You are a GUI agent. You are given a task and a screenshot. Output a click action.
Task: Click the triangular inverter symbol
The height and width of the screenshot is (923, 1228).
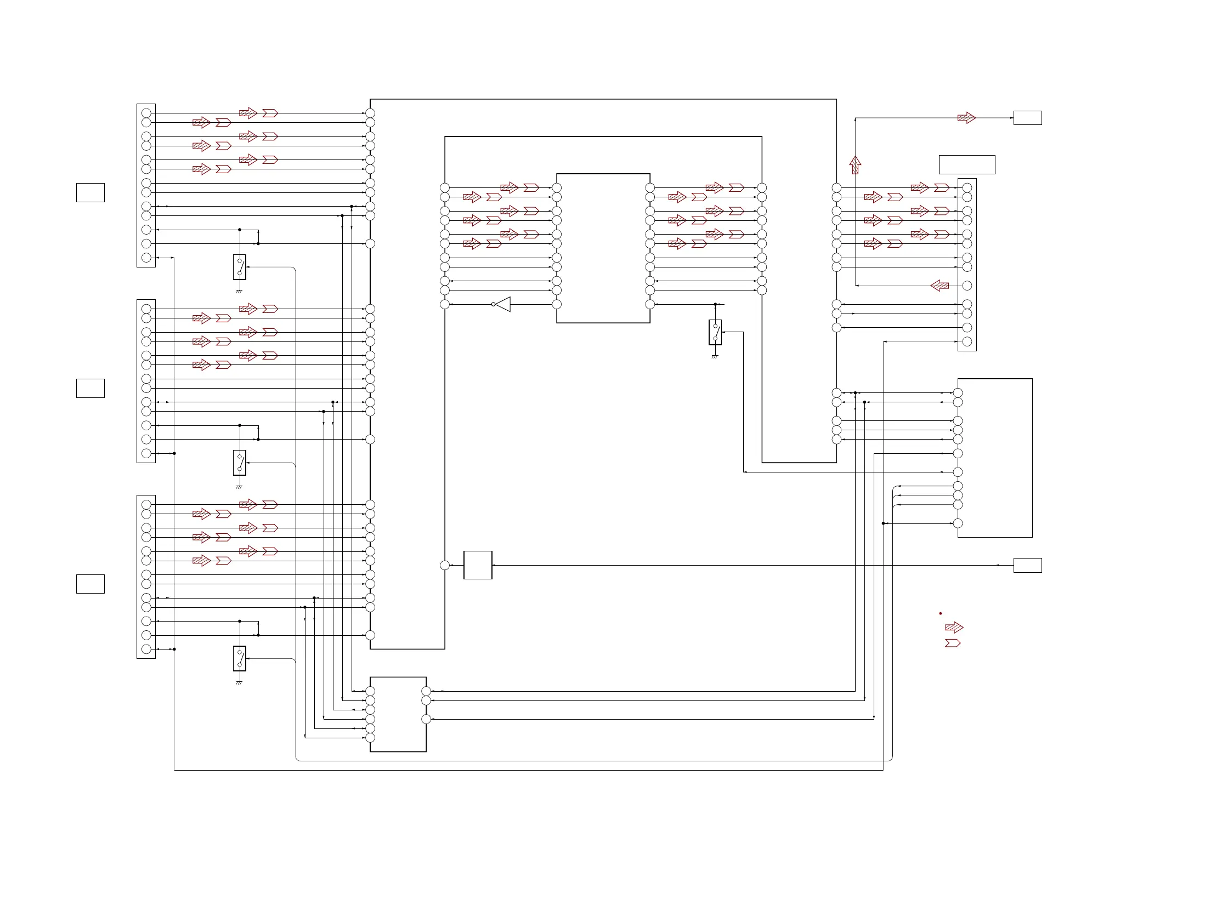tap(503, 304)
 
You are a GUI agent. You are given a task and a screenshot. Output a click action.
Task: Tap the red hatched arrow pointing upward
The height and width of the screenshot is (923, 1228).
tap(855, 165)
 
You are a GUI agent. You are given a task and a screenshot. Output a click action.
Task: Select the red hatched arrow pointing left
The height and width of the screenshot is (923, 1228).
tap(940, 286)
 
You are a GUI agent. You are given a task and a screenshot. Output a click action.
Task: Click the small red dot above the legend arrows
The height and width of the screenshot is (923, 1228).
tap(941, 613)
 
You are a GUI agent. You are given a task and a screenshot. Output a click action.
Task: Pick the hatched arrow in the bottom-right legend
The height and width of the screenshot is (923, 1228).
tap(954, 628)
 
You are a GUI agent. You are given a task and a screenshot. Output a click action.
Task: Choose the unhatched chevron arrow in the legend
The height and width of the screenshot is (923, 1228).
tap(953, 643)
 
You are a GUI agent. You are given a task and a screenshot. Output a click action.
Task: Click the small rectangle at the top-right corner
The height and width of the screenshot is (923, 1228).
tap(1028, 118)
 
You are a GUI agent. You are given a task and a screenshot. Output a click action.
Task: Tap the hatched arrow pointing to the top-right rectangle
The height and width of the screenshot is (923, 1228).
tap(966, 118)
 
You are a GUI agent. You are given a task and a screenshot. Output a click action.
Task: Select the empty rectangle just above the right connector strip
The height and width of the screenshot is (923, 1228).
tap(966, 165)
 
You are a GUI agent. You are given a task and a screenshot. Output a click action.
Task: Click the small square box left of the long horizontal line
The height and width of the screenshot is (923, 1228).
tap(477, 565)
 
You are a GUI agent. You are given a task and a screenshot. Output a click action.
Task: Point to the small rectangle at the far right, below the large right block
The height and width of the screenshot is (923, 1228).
tap(1028, 565)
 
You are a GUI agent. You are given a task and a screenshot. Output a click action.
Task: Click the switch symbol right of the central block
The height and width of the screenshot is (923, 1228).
tap(715, 332)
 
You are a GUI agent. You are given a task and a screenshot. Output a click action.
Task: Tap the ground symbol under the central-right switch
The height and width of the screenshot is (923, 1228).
tap(715, 356)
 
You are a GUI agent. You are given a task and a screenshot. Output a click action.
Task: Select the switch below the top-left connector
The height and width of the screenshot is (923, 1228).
tap(239, 267)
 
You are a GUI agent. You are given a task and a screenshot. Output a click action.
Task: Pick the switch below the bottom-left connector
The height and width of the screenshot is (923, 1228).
tap(239, 658)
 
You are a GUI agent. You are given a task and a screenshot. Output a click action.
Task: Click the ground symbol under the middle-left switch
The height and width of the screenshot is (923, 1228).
tap(239, 487)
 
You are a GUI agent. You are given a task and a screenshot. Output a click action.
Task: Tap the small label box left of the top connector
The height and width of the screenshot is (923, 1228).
tap(90, 192)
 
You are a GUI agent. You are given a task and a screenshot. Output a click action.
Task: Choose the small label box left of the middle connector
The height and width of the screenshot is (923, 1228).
tap(90, 388)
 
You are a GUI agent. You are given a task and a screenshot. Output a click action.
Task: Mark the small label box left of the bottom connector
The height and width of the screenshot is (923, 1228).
tap(90, 584)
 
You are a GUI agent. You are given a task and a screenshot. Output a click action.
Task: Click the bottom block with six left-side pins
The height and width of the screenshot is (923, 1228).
tap(398, 714)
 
